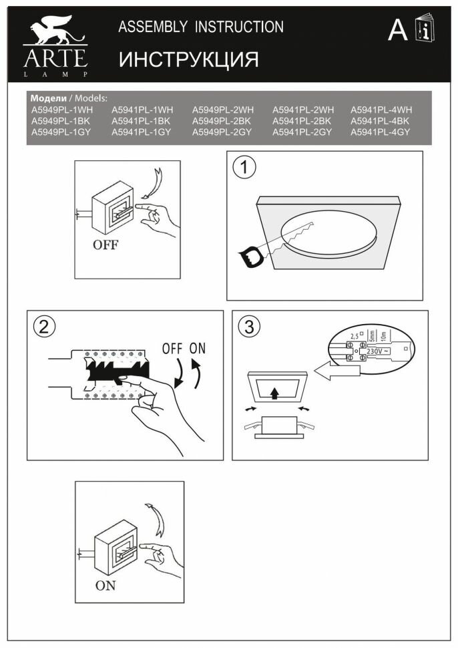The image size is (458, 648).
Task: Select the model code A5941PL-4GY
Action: click(380, 132)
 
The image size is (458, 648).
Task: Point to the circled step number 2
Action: click(44, 327)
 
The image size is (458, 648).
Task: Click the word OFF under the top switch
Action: click(105, 245)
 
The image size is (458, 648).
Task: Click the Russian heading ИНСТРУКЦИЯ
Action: click(188, 60)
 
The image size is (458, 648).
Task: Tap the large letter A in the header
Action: click(398, 31)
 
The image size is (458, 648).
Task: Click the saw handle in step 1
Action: click(252, 257)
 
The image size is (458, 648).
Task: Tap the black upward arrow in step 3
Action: click(273, 392)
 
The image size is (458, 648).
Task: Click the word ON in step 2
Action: click(198, 348)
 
